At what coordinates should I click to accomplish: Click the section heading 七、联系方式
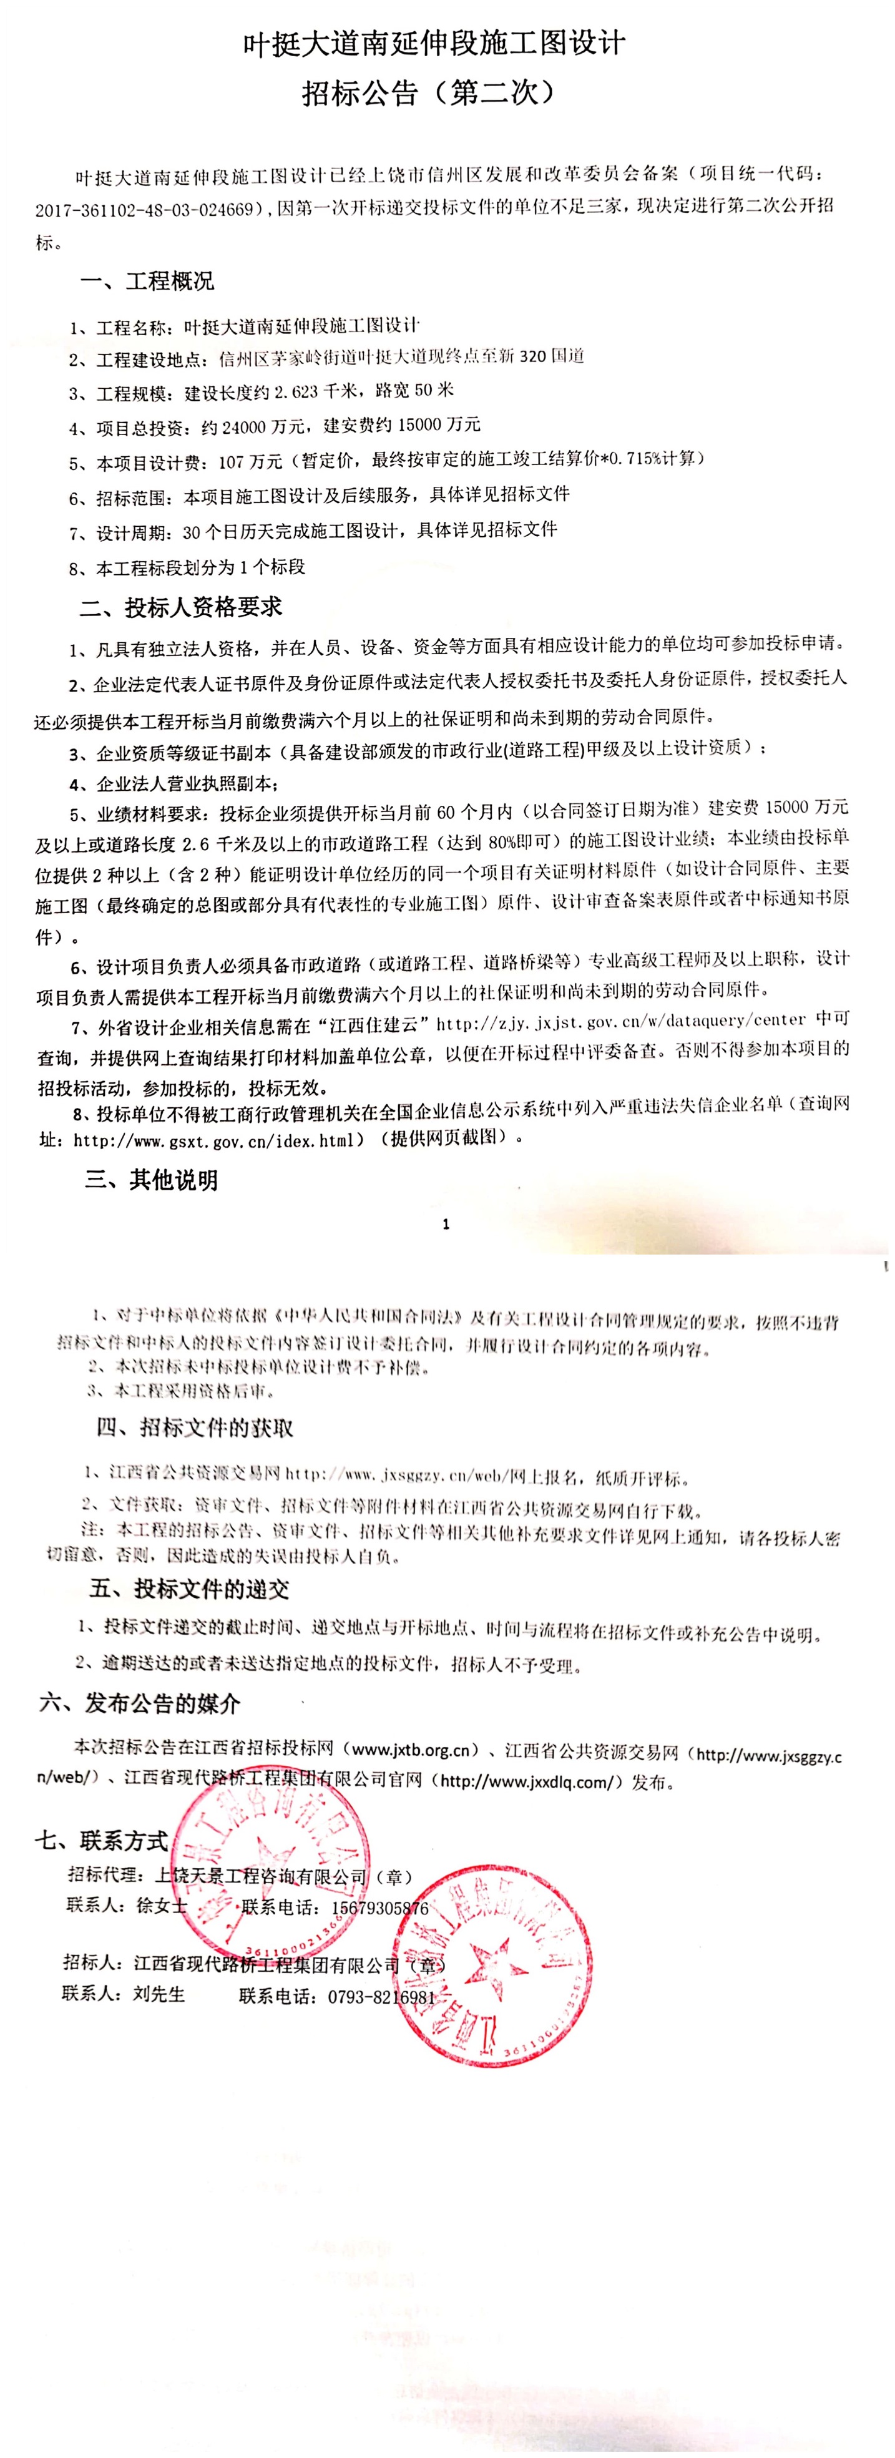[x=102, y=1841]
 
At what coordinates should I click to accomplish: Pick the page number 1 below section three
[x=446, y=1224]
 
